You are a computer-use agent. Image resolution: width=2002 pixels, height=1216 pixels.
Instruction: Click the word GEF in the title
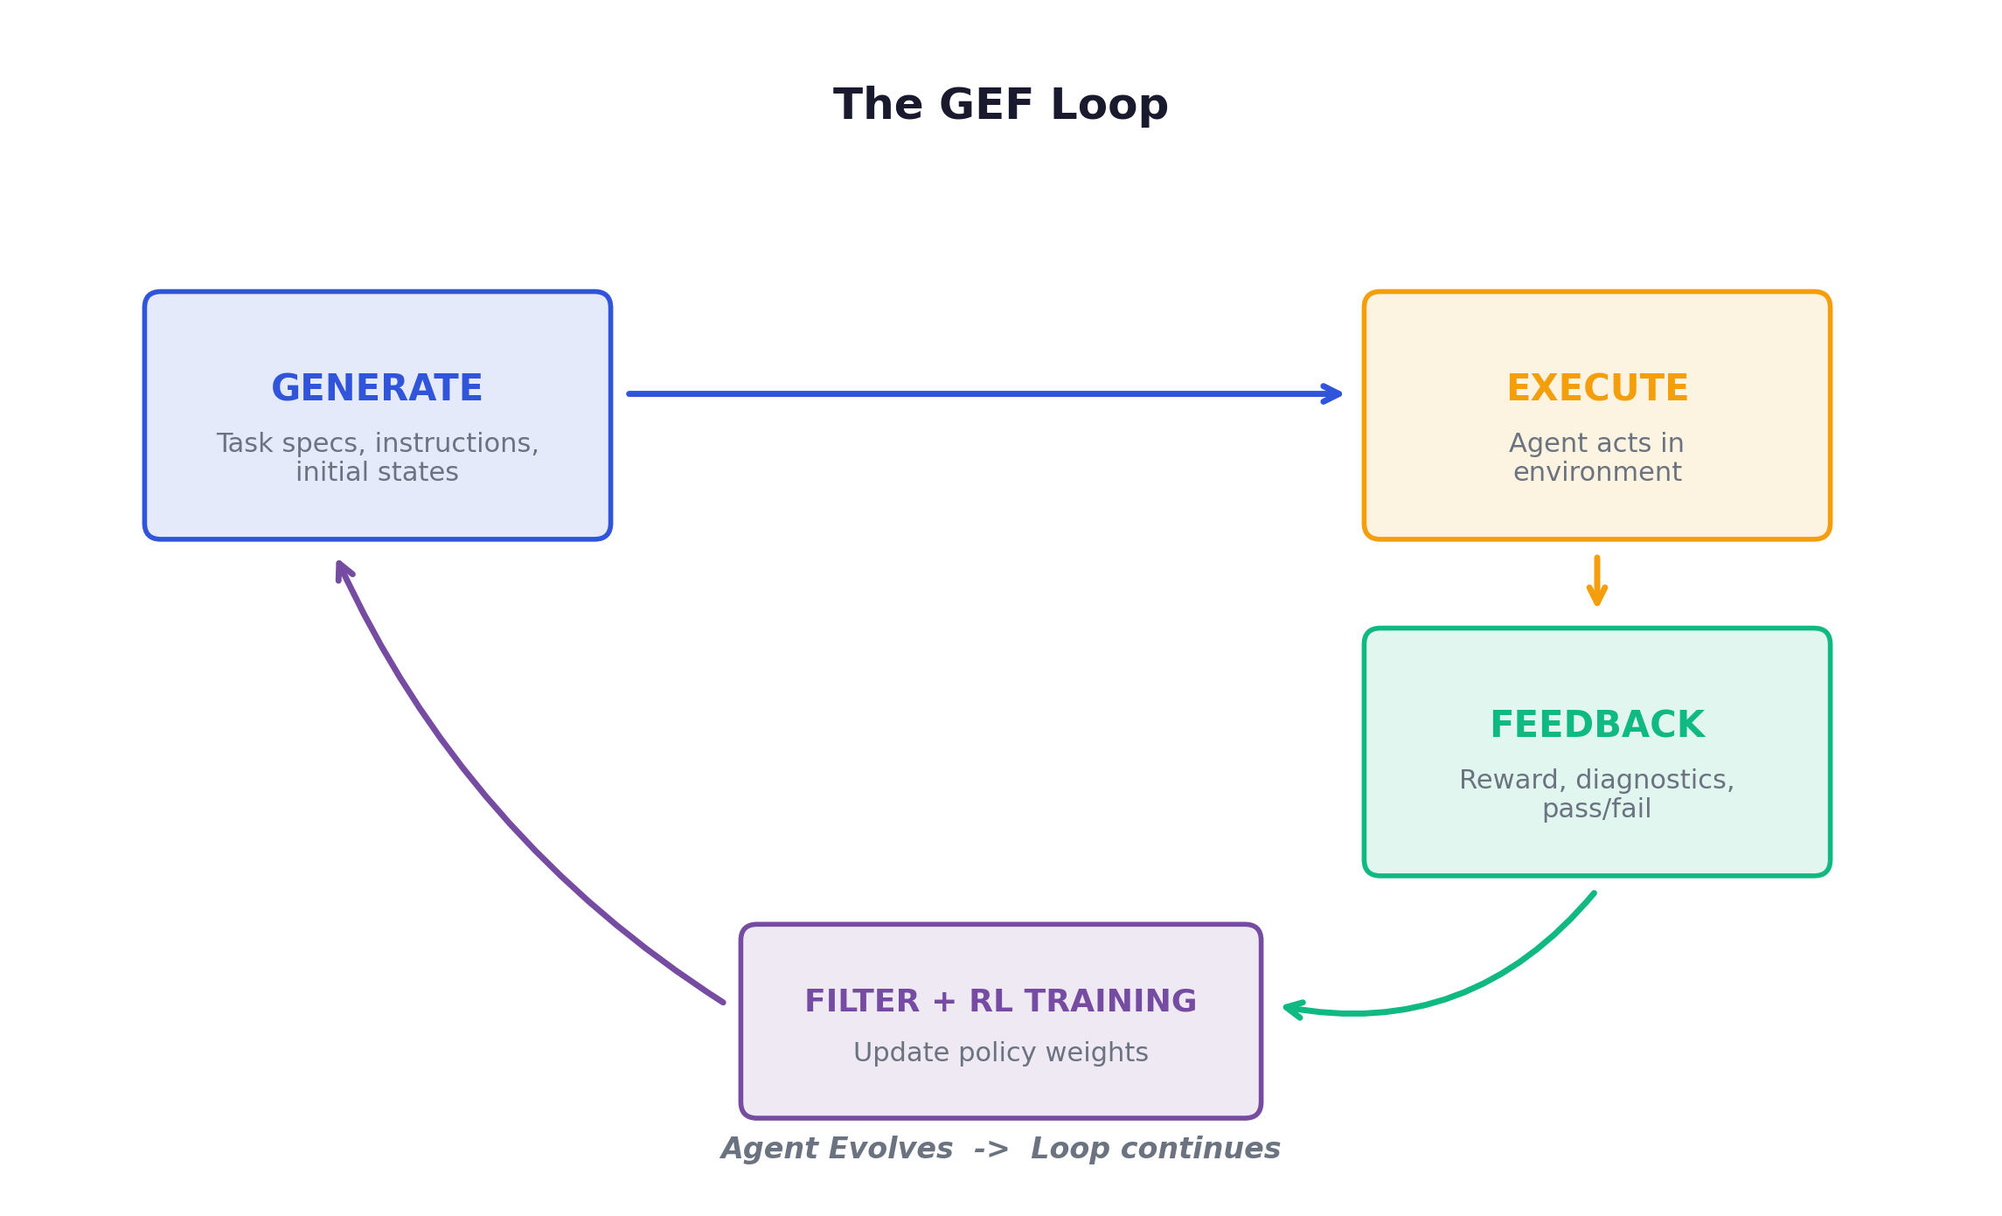click(986, 105)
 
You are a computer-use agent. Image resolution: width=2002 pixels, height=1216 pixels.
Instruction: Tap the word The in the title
click(878, 105)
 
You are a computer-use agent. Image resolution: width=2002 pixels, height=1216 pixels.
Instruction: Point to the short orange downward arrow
click(1596, 581)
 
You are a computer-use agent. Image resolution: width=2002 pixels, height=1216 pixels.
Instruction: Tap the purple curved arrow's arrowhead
click(343, 571)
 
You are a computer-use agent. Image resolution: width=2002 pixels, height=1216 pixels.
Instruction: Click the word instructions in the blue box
click(456, 443)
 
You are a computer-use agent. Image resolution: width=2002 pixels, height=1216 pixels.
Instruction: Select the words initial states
click(377, 472)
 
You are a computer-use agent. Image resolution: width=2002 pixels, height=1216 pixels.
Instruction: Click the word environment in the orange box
click(1596, 472)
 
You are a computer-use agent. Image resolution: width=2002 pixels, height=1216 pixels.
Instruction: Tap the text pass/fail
click(1596, 809)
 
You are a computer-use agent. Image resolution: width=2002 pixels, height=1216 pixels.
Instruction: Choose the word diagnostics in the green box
click(1654, 779)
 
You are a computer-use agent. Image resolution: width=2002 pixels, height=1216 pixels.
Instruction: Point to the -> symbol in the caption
click(991, 1148)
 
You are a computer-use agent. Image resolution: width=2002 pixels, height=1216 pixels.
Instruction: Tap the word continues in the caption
click(1199, 1148)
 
